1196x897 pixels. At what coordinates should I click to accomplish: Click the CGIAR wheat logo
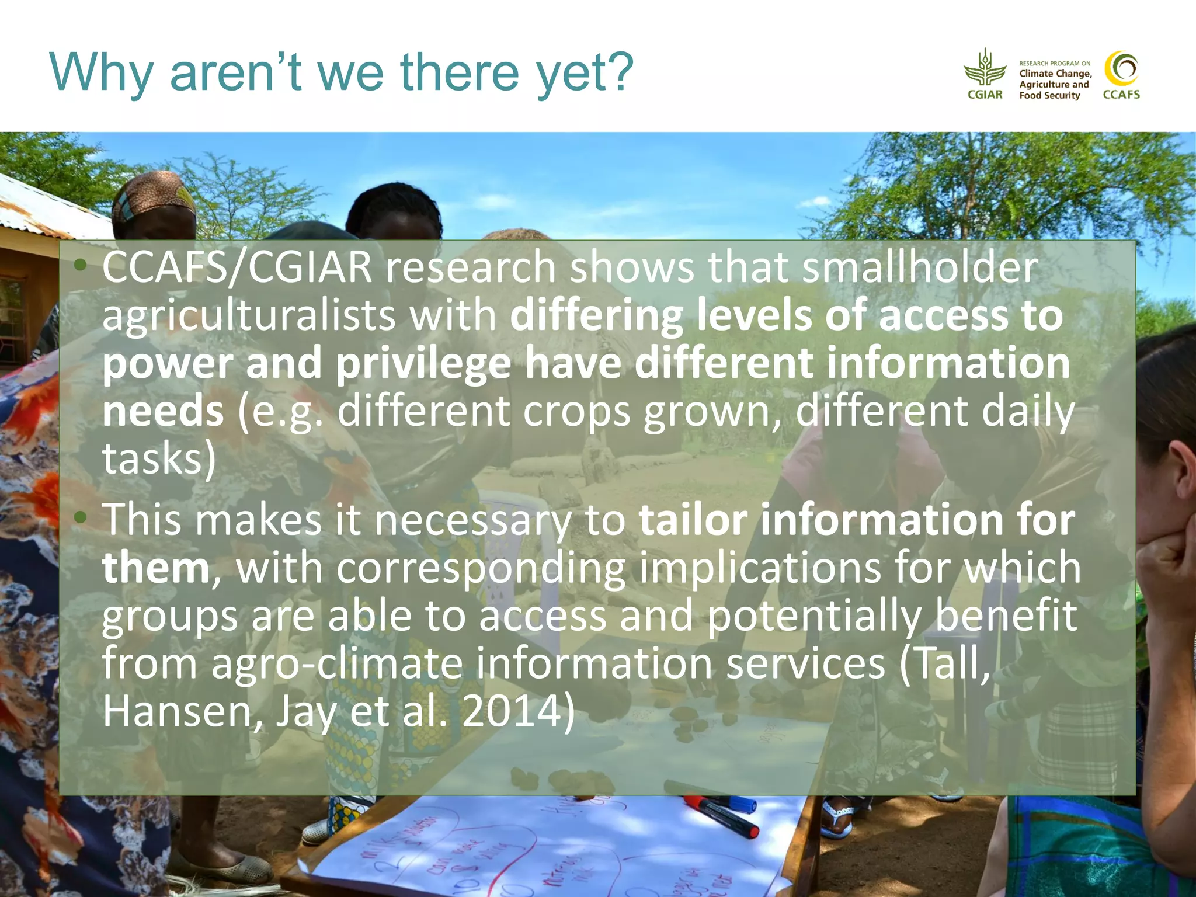tap(985, 69)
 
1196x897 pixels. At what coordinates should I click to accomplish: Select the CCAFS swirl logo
tap(1121, 69)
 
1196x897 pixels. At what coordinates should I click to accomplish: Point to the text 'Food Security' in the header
tap(1049, 95)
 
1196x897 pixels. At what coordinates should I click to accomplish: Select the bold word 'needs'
tap(163, 411)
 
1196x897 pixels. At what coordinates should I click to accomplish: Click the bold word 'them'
tap(155, 568)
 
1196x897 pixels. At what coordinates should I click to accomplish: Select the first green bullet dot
tap(81, 266)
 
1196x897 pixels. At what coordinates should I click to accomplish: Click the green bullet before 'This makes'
tap(81, 517)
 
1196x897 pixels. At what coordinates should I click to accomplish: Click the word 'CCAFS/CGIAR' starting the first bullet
tap(237, 267)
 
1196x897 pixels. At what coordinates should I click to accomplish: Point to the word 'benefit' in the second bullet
tap(1006, 616)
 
